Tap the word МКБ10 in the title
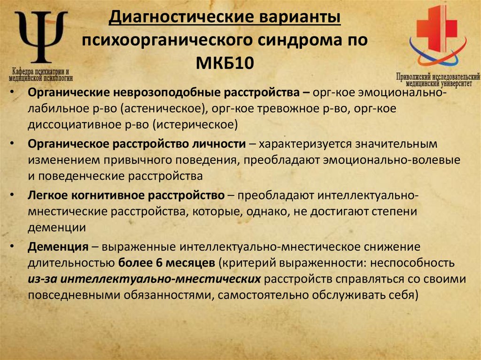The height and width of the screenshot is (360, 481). coord(225,62)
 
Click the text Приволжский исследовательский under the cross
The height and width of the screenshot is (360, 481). coord(438,76)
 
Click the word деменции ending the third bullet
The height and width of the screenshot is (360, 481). coord(56,227)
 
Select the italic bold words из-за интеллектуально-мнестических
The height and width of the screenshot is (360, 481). coord(144,279)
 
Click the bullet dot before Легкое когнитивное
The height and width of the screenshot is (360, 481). coord(17,194)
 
